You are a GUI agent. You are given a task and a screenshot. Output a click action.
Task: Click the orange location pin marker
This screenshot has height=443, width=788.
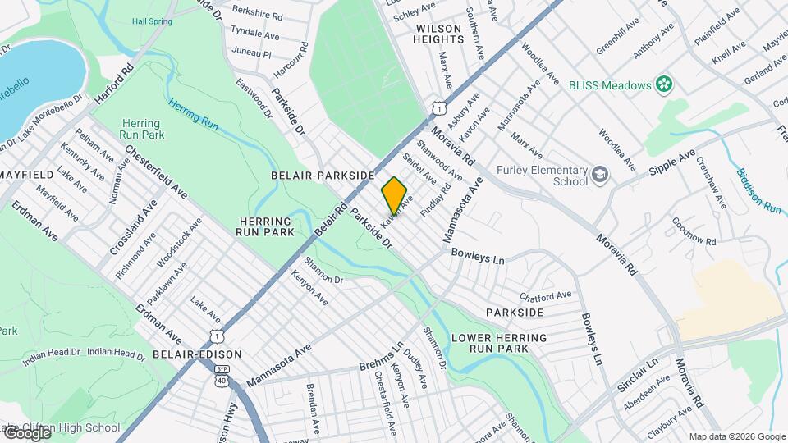pyautogui.click(x=394, y=195)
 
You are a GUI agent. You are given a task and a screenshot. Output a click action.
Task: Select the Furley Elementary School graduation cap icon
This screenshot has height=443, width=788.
pyautogui.click(x=600, y=175)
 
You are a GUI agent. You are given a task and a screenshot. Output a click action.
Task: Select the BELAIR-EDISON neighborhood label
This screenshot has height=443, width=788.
pyautogui.click(x=197, y=354)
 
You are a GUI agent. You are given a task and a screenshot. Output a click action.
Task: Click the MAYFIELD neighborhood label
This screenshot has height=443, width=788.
pyautogui.click(x=27, y=175)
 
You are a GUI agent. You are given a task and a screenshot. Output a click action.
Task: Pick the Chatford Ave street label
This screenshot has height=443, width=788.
pyautogui.click(x=545, y=295)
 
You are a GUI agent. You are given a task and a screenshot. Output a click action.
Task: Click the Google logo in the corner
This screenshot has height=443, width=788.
pyautogui.click(x=26, y=432)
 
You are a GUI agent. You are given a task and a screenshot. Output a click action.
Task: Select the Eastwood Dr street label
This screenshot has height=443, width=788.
pyautogui.click(x=253, y=97)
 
